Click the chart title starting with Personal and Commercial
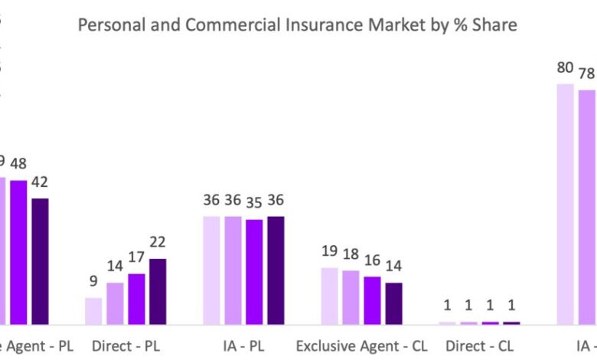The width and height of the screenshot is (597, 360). [298, 25]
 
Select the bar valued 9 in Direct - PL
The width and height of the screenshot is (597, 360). [93, 311]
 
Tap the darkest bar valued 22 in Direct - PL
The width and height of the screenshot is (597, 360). [158, 292]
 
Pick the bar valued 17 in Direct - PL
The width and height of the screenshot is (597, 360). [136, 299]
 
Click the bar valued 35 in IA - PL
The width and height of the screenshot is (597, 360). [254, 272]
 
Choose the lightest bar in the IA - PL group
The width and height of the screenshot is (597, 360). [211, 270]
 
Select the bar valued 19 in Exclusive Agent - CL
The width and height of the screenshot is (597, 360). [330, 296]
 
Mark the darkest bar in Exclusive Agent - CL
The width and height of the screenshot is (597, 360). [393, 303]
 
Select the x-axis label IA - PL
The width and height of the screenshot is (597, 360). [243, 346]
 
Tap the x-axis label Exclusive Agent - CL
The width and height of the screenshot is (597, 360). [361, 346]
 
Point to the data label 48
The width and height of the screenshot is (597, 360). [18, 163]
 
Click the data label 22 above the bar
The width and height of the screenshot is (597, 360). [158, 242]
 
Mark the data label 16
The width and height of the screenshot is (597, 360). [372, 260]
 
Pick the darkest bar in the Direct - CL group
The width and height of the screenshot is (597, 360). [511, 322]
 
